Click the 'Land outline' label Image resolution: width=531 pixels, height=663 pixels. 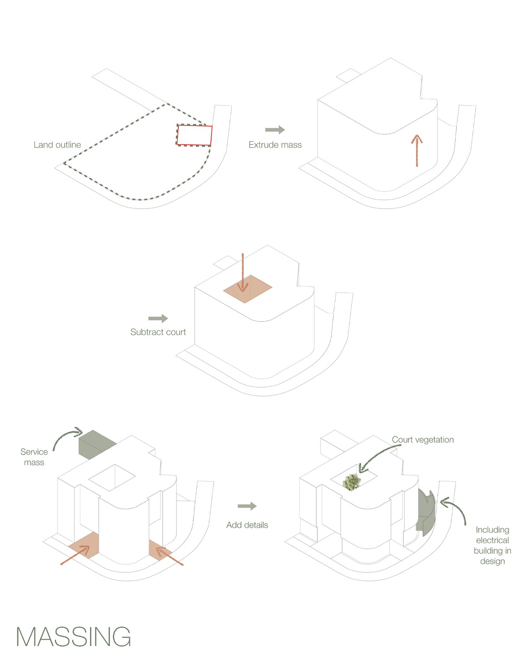pyautogui.click(x=57, y=145)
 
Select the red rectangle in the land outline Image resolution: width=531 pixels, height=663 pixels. pyautogui.click(x=195, y=135)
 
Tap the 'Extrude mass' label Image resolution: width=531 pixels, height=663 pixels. pyautogui.click(x=275, y=145)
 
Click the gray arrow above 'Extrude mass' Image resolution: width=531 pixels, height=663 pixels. pyautogui.click(x=275, y=130)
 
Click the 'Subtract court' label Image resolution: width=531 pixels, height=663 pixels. pyautogui.click(x=158, y=332)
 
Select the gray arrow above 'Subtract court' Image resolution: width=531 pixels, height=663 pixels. pyautogui.click(x=158, y=318)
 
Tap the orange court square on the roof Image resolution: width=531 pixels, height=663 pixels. pyautogui.click(x=248, y=289)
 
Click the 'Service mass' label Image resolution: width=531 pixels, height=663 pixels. pyautogui.click(x=34, y=457)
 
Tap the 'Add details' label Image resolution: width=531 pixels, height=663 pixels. pyautogui.click(x=247, y=525)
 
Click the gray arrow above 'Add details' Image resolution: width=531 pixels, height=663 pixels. pyautogui.click(x=247, y=506)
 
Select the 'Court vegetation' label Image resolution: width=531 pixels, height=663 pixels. pyautogui.click(x=423, y=440)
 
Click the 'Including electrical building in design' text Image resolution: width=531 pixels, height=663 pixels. pyautogui.click(x=492, y=545)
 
